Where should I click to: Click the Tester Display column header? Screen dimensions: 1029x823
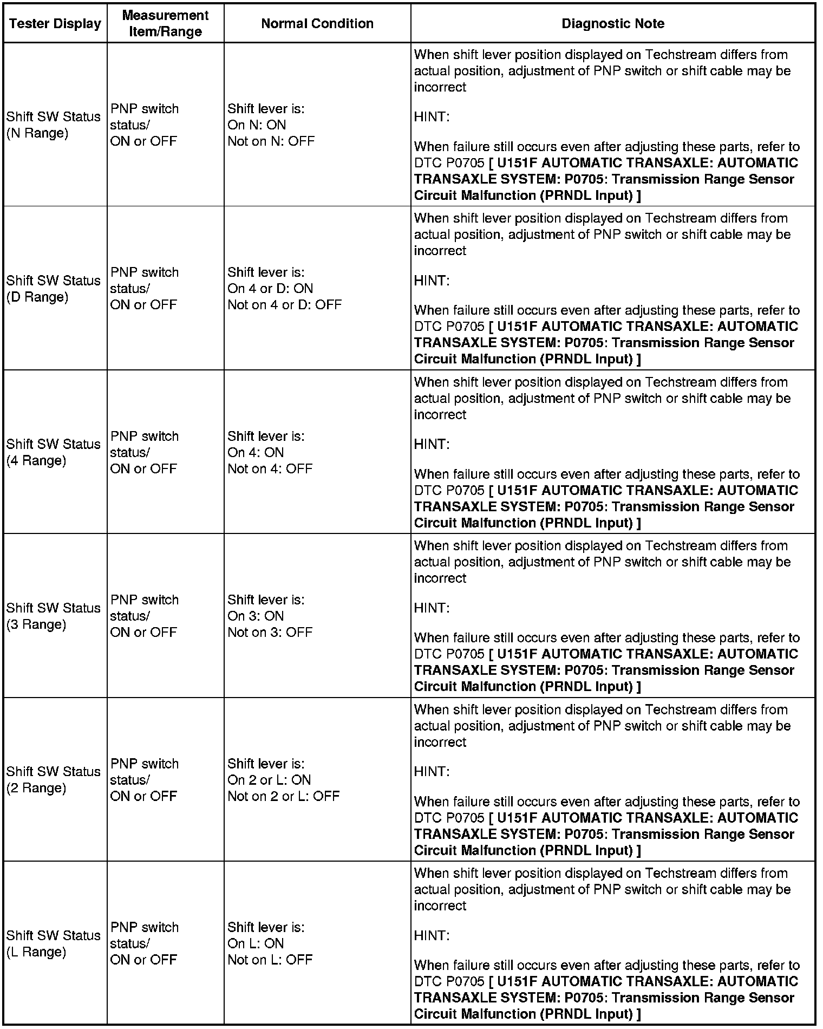[x=55, y=24]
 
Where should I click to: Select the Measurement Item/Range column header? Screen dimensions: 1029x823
[x=165, y=23]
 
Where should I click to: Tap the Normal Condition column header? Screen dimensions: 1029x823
[x=317, y=24]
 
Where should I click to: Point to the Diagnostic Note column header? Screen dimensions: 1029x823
[x=613, y=24]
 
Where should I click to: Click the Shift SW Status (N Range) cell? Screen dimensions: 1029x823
[x=54, y=125]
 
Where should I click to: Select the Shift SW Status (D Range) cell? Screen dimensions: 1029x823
[x=54, y=289]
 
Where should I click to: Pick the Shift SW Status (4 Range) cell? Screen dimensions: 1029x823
[x=54, y=452]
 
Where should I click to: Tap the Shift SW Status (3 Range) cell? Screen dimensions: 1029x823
[x=54, y=616]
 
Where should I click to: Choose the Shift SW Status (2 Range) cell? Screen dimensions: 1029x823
[x=54, y=780]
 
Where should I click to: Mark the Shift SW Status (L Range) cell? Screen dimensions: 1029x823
[x=54, y=943]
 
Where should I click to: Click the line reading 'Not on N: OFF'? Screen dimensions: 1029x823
[x=271, y=141]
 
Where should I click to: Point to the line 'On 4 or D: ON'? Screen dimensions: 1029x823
[x=270, y=289]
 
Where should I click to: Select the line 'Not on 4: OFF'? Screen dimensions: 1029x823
[x=270, y=468]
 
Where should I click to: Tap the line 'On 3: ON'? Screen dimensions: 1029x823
[x=256, y=616]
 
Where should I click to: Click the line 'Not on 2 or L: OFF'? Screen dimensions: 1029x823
[x=283, y=796]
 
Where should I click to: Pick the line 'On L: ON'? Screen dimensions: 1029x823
[x=256, y=943]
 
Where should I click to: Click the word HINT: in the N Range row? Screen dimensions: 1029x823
[x=432, y=117]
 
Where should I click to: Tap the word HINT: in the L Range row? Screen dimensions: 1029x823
[x=432, y=935]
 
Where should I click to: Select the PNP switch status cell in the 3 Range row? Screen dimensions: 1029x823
[x=145, y=616]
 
